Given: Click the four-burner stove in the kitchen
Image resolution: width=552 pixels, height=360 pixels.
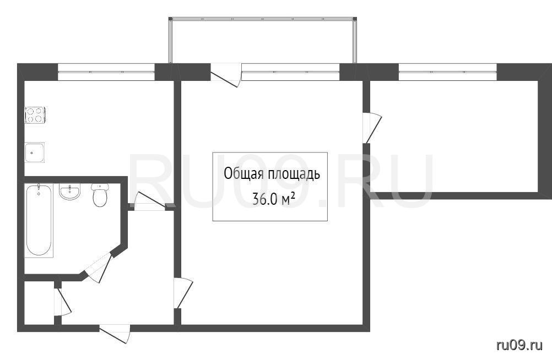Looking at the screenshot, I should click(x=35, y=114).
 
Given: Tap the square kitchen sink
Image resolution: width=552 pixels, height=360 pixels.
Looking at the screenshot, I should click(x=35, y=152).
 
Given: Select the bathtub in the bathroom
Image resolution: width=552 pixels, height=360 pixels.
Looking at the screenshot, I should click(x=39, y=220).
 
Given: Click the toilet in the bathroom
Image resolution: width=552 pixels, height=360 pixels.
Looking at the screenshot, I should click(x=100, y=195).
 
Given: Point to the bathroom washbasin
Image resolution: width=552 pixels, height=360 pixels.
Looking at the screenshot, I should click(x=69, y=192).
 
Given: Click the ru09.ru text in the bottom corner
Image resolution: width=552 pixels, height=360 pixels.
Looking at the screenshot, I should click(x=519, y=345).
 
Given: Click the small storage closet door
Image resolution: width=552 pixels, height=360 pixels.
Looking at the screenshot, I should click(x=62, y=302).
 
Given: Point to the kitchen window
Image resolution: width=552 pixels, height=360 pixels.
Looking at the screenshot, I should click(x=106, y=72).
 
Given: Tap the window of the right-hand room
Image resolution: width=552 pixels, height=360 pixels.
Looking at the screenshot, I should click(x=447, y=72).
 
